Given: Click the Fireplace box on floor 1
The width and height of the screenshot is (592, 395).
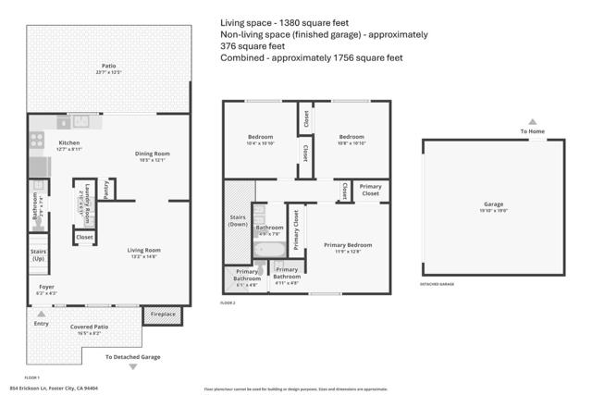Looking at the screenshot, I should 162,315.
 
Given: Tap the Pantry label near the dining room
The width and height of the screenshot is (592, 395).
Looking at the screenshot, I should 107,189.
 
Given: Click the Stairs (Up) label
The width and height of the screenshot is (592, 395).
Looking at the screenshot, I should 38,254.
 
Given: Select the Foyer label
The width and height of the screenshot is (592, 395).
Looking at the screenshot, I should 45,288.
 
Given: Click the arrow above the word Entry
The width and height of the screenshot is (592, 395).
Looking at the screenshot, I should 41,315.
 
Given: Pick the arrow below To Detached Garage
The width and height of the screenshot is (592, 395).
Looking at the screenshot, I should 132,367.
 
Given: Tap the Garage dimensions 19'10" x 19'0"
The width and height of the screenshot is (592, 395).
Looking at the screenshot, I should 495,210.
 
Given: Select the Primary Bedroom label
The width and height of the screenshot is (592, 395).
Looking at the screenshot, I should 348,244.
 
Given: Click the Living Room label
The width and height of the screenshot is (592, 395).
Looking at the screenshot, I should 143,250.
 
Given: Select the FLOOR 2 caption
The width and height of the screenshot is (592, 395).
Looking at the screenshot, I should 228,302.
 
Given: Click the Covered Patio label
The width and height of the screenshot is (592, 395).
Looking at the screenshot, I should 89,327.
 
